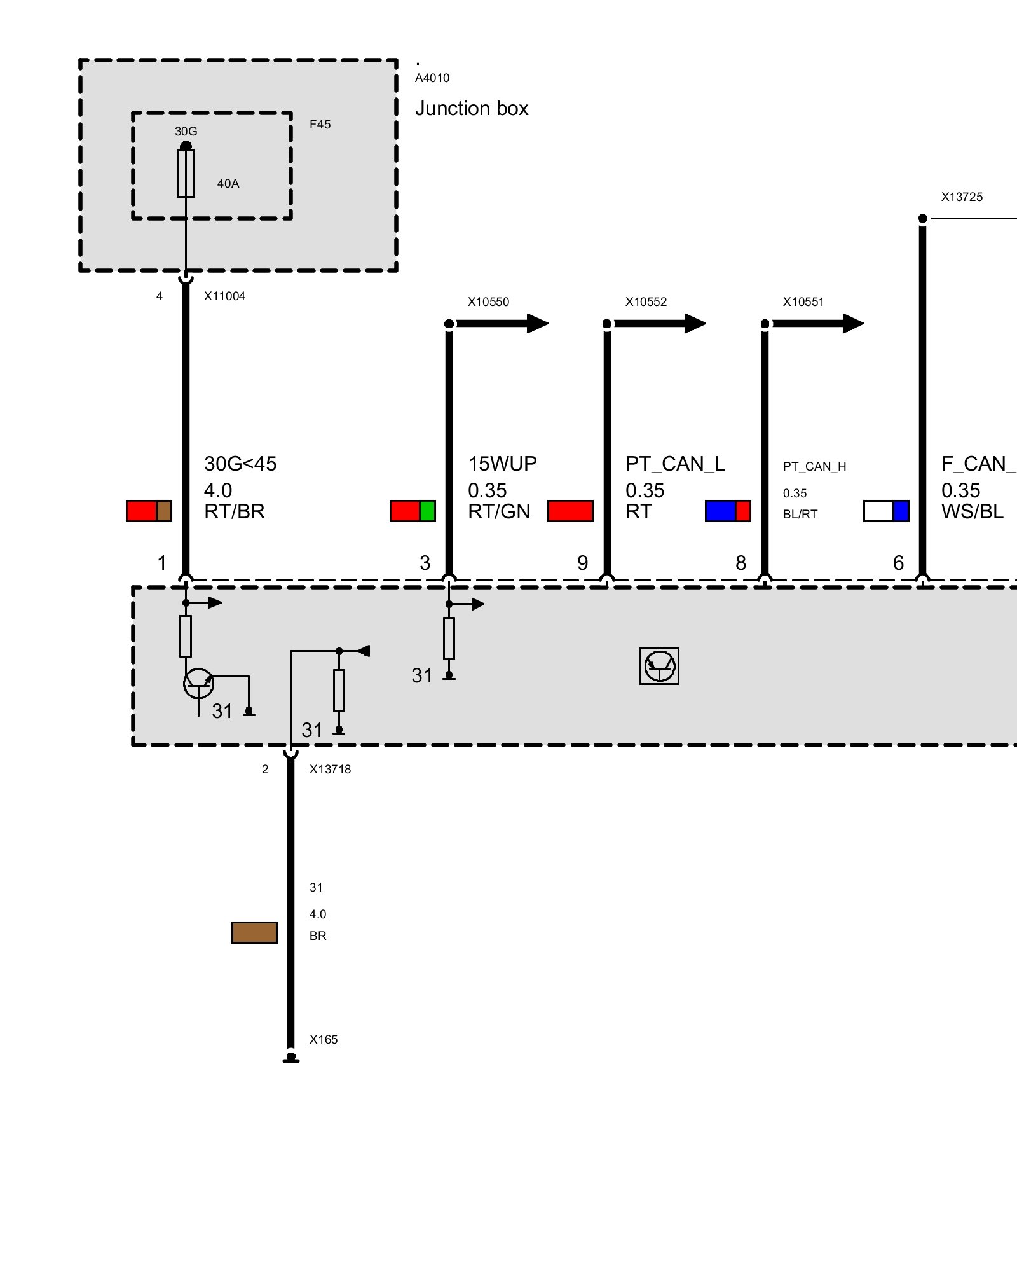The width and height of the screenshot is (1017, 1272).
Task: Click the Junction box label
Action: [x=471, y=109]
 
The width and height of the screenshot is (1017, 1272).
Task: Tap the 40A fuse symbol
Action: [x=186, y=174]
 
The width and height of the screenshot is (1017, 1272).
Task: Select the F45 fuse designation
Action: [x=320, y=125]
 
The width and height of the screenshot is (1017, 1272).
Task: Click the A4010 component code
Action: [x=432, y=78]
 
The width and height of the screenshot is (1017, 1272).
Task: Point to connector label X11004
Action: [x=224, y=296]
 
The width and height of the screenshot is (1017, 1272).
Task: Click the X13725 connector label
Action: [x=962, y=197]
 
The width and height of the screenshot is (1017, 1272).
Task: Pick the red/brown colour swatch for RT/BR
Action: [x=149, y=511]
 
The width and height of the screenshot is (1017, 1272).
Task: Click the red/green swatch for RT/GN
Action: [x=413, y=511]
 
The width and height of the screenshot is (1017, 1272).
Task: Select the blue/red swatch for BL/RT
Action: [x=728, y=511]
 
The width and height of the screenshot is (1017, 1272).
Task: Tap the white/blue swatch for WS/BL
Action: [x=886, y=511]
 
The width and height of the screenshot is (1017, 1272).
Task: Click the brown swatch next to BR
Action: [x=254, y=932]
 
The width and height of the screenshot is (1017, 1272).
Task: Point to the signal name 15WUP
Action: [x=502, y=464]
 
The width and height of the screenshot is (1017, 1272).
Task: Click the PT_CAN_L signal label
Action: [x=675, y=464]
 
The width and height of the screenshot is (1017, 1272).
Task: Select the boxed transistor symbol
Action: [x=659, y=666]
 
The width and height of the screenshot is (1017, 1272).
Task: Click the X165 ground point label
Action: [x=324, y=1040]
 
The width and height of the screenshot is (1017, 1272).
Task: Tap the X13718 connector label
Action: [x=330, y=770]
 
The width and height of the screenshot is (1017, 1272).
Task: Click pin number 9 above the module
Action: [x=582, y=563]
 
